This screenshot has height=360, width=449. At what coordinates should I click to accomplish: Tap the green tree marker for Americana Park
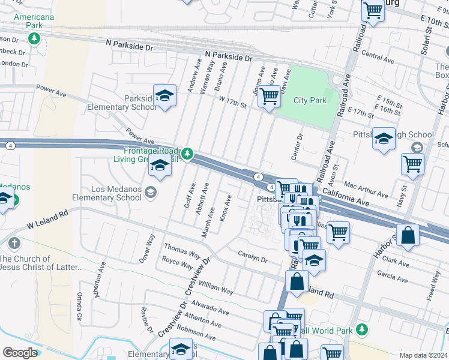[x=35, y=38]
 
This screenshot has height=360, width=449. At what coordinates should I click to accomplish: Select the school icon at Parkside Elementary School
[x=164, y=96]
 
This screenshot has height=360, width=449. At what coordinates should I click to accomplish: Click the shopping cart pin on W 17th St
[x=268, y=95]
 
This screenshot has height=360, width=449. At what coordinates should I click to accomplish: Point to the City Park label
[x=310, y=100]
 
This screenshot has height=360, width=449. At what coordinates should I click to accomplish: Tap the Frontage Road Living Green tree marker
[x=188, y=154]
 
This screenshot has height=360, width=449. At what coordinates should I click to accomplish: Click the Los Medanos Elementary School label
[x=116, y=193]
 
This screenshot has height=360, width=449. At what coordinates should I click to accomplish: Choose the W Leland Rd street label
[x=48, y=218]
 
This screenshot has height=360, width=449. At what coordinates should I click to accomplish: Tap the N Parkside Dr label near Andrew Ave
[x=228, y=56]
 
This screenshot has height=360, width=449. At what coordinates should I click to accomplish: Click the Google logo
[x=20, y=353]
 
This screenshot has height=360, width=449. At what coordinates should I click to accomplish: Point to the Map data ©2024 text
[x=423, y=355]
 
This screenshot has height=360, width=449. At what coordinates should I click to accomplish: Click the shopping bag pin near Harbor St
[x=408, y=236]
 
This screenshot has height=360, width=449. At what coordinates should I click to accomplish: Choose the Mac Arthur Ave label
[x=366, y=189]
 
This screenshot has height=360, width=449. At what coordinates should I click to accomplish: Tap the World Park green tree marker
[x=361, y=329]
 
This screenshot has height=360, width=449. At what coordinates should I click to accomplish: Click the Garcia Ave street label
[x=393, y=276]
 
